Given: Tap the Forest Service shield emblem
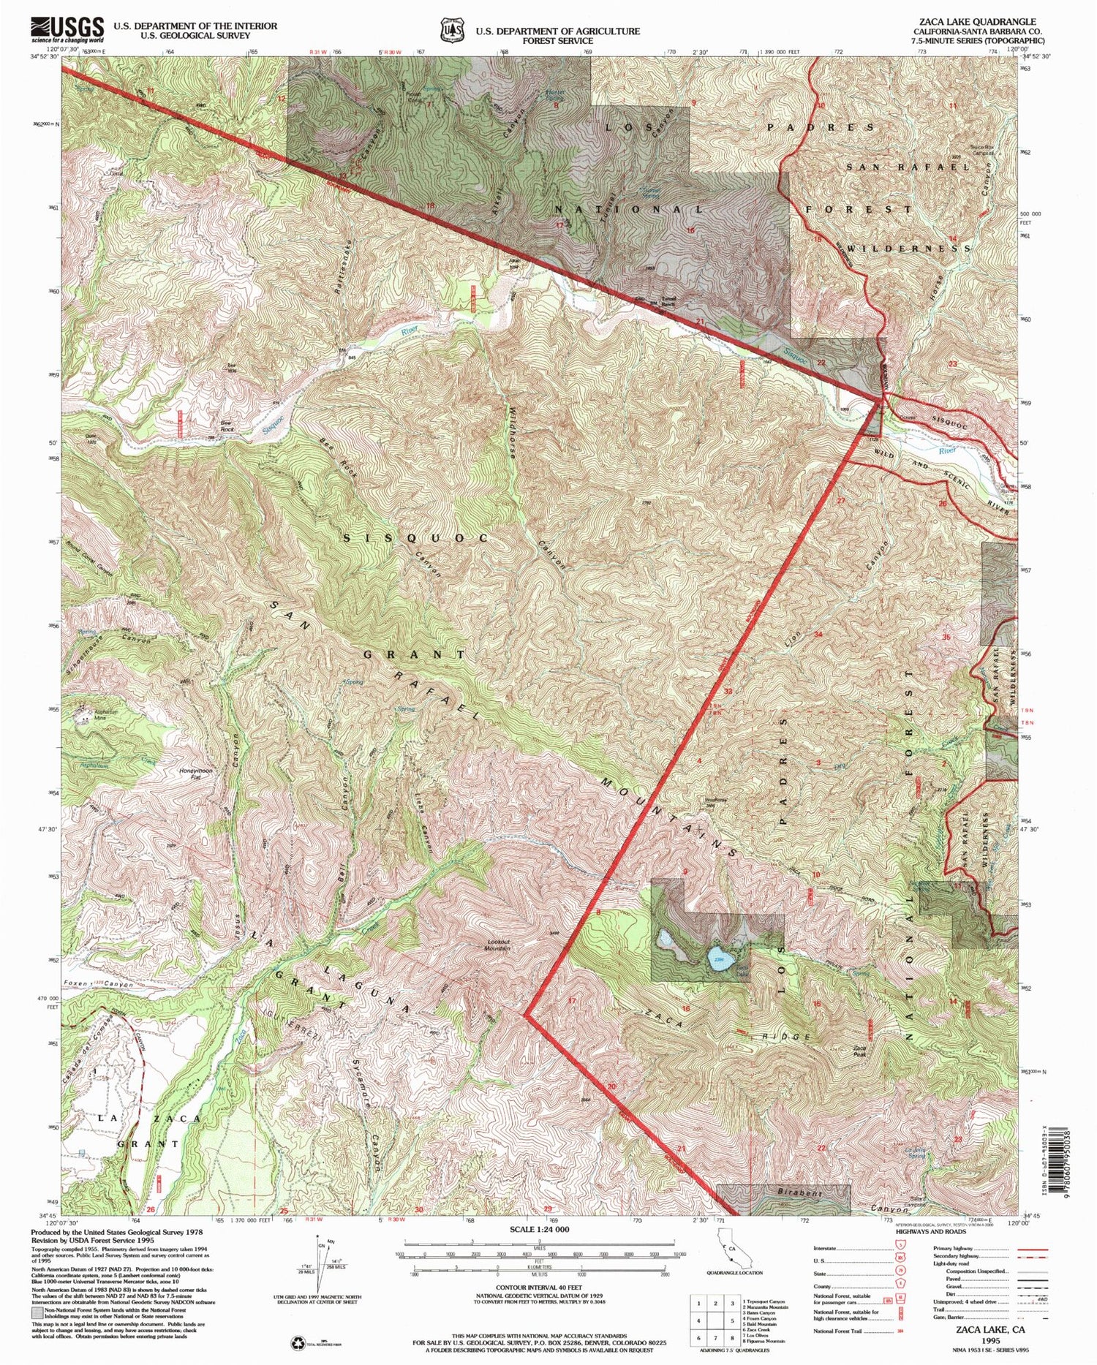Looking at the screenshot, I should point(447,31).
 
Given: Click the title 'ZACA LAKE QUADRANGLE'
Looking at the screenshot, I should point(975,22).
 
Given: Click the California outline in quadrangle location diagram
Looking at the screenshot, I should point(725,1252).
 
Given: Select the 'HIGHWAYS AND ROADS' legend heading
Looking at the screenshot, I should point(929,1231).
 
